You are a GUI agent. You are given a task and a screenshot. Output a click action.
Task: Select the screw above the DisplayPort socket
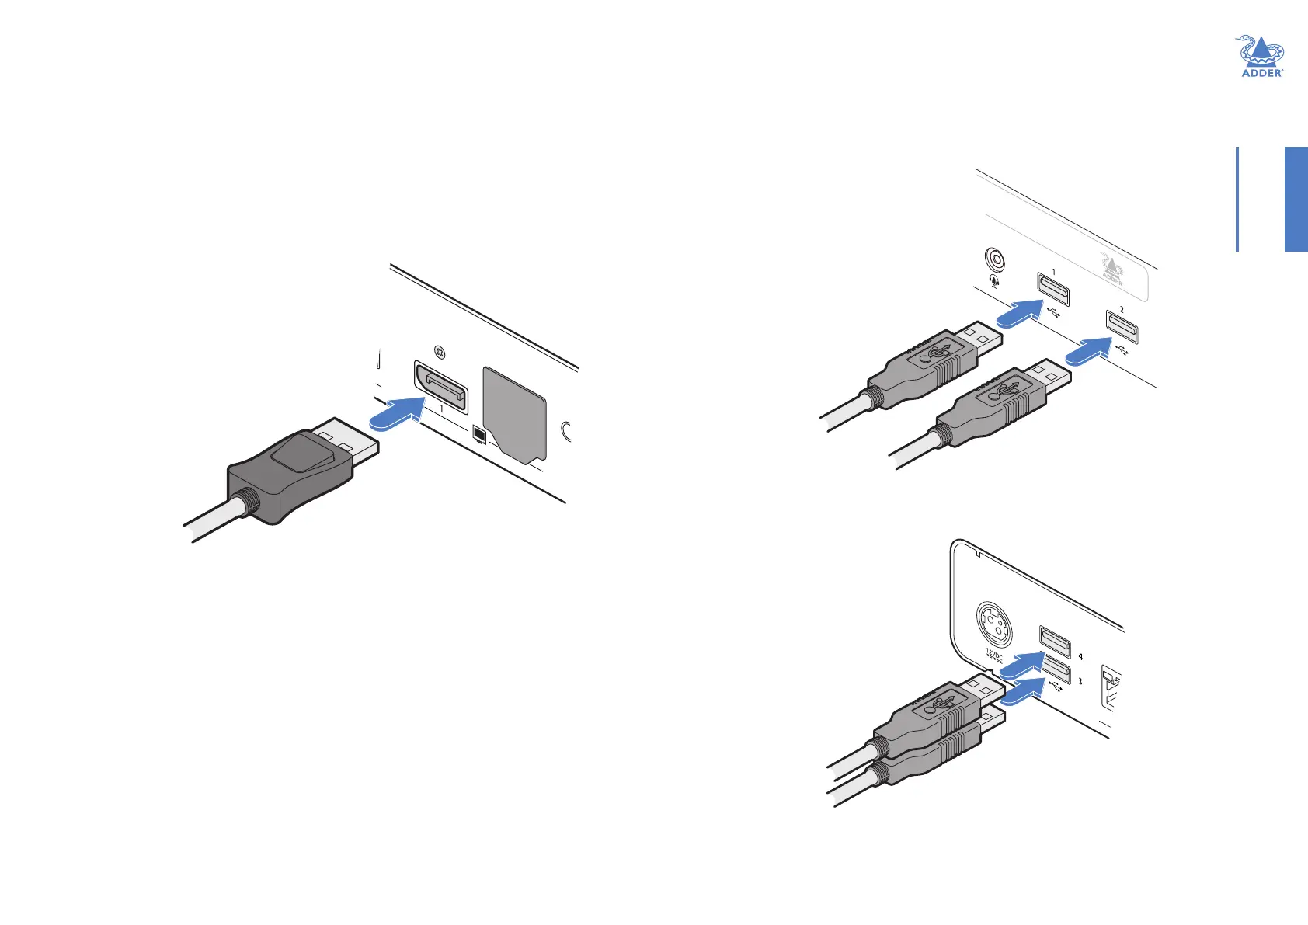(440, 352)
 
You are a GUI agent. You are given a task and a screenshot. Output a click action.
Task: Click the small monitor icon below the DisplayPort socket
(479, 436)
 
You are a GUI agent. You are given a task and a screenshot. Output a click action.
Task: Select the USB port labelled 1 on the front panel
(1053, 290)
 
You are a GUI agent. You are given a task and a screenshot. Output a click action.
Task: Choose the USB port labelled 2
(1122, 326)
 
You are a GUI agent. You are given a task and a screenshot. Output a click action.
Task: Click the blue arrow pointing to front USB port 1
(1018, 314)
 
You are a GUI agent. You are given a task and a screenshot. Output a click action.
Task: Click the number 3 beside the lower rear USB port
(1080, 681)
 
